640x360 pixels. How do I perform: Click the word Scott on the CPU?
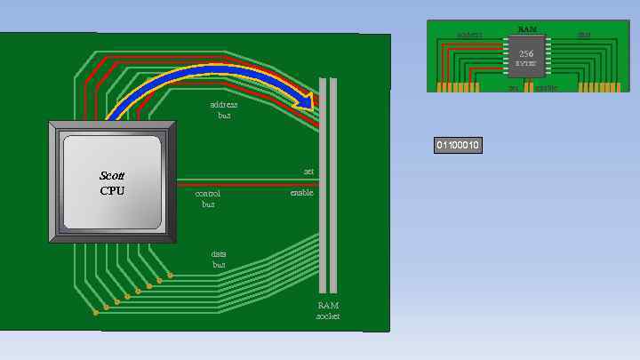coord(112,177)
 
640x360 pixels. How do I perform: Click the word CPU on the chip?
coord(112,190)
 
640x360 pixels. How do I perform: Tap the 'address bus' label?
coord(224,109)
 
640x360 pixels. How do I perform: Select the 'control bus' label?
coord(208,197)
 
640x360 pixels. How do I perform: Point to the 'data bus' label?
coord(219,259)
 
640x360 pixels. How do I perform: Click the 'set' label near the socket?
coord(308,171)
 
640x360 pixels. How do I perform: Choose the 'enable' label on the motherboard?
coord(301,192)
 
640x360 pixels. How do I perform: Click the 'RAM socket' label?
coord(328,310)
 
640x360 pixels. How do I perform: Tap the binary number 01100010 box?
coord(458,145)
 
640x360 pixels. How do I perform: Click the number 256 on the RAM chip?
coord(526,53)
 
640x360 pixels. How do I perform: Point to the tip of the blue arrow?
coord(314,104)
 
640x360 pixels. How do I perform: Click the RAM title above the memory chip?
coord(526,28)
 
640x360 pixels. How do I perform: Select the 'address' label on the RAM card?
coord(469,36)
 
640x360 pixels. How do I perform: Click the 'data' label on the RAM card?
coord(584,36)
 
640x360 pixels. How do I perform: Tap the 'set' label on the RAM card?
coord(513,88)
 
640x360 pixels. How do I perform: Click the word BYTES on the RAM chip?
coord(526,64)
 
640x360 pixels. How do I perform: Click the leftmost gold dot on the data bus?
coord(95,312)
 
